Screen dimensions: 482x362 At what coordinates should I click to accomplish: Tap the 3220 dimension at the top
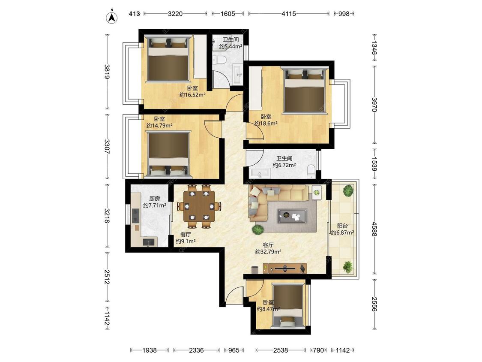[175, 14]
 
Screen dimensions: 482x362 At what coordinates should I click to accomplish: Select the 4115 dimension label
[289, 14]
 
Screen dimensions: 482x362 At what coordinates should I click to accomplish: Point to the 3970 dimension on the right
[374, 105]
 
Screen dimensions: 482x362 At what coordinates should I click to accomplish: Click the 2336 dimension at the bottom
[196, 350]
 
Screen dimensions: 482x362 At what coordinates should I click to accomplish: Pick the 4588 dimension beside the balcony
[374, 229]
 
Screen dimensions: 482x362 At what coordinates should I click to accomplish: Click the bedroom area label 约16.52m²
[192, 95]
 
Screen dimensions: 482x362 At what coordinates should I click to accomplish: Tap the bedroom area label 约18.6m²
[266, 124]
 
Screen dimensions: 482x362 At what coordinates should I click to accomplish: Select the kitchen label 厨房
[155, 199]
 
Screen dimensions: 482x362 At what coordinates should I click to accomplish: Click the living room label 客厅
[268, 245]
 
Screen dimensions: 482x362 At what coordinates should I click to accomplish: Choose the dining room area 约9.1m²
[186, 241]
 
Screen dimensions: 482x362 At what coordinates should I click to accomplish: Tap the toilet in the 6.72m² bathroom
[311, 171]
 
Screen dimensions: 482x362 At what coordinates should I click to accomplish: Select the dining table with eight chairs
[199, 206]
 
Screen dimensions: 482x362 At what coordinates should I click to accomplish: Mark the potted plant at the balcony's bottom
[347, 267]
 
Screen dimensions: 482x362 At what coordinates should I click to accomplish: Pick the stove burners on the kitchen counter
[135, 216]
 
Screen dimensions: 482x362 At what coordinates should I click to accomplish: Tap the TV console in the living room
[284, 268]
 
